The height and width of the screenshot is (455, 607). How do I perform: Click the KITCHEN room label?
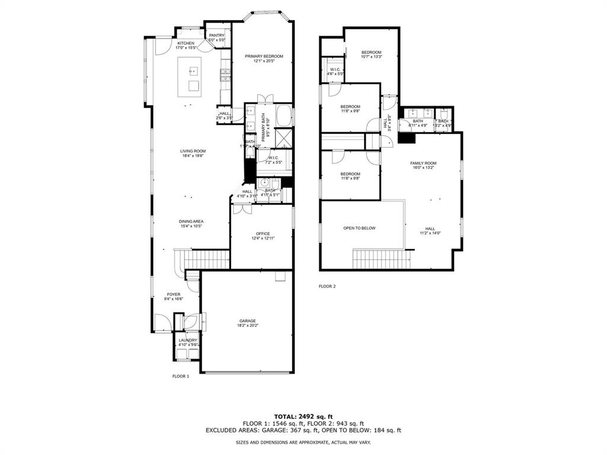point(186,43)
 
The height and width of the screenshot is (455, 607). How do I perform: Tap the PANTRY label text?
point(217,36)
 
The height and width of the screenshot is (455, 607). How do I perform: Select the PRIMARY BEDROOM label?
point(264,56)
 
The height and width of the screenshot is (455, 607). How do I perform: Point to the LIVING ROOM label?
point(193,151)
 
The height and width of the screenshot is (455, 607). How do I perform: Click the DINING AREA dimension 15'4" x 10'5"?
point(191,226)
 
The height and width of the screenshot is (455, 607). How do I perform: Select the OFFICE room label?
point(263,233)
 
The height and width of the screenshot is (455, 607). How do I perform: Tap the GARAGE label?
point(247,321)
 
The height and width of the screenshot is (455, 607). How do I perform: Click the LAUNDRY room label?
point(189,340)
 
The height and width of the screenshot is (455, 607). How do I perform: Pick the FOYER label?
point(173,294)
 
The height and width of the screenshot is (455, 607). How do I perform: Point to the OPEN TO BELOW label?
point(359,228)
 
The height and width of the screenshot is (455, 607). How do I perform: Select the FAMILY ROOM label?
point(423,163)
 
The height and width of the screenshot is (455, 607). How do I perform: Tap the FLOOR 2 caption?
point(327,286)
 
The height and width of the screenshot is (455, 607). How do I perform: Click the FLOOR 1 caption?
point(180,376)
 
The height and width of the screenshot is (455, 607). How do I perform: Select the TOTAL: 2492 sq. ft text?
point(303,416)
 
